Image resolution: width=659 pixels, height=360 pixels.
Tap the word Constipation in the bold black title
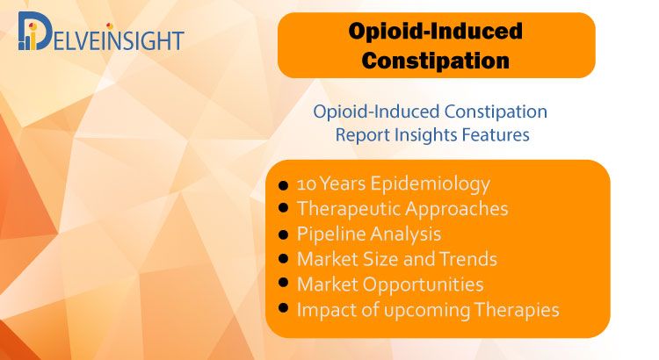tap(436, 61)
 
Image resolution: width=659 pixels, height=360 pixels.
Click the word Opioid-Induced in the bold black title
tap(436, 31)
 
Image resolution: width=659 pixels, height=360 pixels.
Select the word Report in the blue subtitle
tap(363, 135)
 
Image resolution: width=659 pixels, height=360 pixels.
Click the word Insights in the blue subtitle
tap(426, 135)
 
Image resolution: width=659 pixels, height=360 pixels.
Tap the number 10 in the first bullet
tap(307, 184)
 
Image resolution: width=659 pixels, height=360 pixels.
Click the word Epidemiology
tap(431, 184)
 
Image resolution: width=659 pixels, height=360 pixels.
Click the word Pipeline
tap(330, 234)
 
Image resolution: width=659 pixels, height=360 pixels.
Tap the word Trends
tap(468, 259)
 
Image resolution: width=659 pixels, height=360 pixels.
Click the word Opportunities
tap(424, 284)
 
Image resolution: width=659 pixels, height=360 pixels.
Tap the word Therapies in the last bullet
tap(517, 310)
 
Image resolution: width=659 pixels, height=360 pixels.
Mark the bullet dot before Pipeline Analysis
tap(283, 234)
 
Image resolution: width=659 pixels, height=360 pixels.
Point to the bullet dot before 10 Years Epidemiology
tap(283, 185)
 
